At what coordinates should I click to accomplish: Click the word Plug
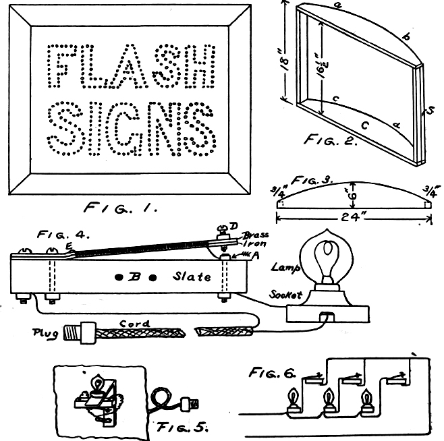[46, 332]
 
